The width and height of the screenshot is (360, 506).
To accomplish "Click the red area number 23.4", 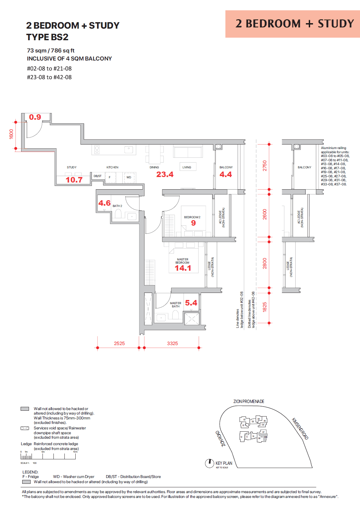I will [165, 174].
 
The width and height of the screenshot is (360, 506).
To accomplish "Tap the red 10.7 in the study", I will [74, 180].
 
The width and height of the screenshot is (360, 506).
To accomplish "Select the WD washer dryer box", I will [129, 177].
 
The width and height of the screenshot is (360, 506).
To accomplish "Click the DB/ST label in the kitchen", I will [98, 176].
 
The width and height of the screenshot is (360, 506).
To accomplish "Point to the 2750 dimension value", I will [265, 166].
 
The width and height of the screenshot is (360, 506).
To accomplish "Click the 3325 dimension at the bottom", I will [172, 343].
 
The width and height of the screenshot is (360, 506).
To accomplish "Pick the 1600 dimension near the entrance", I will [11, 134].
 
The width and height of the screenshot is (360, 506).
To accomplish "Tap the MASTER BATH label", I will [175, 305].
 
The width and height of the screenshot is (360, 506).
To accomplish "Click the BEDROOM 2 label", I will [192, 217].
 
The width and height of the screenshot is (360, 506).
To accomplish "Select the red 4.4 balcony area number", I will [226, 174].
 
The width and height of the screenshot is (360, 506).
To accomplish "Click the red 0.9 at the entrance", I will [35, 117].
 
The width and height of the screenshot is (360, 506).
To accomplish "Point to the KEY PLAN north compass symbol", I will [209, 464].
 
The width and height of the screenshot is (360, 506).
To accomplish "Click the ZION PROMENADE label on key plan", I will [249, 401].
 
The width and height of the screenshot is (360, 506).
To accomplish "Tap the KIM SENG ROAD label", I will [300, 429].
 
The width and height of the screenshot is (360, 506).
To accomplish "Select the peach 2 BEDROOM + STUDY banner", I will [292, 24].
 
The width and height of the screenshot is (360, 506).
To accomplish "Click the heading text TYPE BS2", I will [47, 37].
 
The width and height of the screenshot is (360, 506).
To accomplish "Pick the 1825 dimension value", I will [265, 307].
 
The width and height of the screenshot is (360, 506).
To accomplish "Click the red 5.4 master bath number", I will [191, 303].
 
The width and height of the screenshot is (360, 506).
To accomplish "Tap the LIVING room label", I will [187, 167].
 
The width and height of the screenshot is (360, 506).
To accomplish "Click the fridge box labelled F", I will [110, 177].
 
